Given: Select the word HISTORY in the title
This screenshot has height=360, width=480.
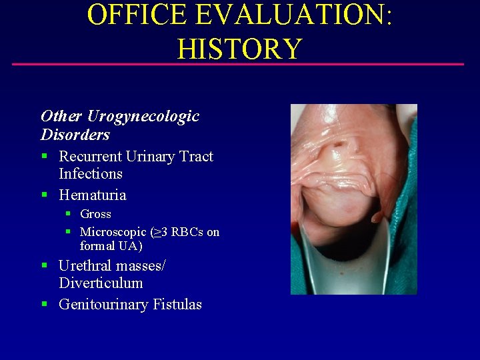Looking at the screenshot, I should coord(240,48).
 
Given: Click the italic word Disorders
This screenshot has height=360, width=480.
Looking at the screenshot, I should coord(75,135).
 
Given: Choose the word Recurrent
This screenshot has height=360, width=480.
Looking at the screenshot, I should coord(99,157).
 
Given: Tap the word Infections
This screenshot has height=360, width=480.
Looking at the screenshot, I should coord(91,174).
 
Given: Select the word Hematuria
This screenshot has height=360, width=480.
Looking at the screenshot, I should coord(92,195).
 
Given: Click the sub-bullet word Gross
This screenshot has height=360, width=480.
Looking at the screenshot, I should coord(95,214).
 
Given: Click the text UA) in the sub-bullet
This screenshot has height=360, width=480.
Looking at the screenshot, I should coord(130,246).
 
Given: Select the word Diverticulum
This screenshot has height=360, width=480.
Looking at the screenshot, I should coord(101,283).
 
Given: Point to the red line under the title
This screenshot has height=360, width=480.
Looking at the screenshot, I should coord(238,65).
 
